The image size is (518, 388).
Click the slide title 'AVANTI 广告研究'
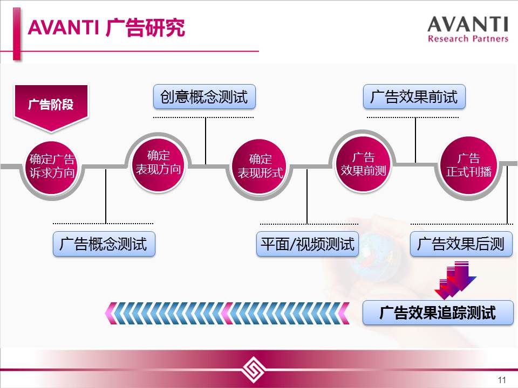[x=106, y=27]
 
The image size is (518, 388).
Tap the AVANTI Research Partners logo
[x=468, y=29]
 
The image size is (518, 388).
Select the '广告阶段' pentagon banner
[x=51, y=108]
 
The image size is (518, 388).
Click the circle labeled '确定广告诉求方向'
[x=52, y=167]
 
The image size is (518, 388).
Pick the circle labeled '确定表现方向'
[x=158, y=163]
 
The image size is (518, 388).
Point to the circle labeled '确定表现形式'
[x=260, y=167]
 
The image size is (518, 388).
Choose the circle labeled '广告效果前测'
[x=363, y=164]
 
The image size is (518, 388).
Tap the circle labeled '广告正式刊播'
[x=469, y=165]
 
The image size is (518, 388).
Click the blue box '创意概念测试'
[x=205, y=96]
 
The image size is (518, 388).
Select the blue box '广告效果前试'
[x=414, y=96]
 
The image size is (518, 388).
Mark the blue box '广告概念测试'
[x=104, y=244]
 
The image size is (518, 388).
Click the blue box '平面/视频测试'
[x=308, y=244]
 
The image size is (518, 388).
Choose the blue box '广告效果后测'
[x=461, y=244]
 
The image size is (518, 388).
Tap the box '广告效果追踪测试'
[x=438, y=313]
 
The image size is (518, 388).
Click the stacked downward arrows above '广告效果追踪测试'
[x=455, y=280]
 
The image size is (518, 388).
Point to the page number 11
[x=502, y=380]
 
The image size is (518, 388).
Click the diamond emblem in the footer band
[x=254, y=369]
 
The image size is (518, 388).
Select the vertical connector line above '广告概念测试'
[x=106, y=196]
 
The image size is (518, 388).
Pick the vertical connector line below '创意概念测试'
[x=206, y=141]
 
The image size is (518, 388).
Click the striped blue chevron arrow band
[x=227, y=313]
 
